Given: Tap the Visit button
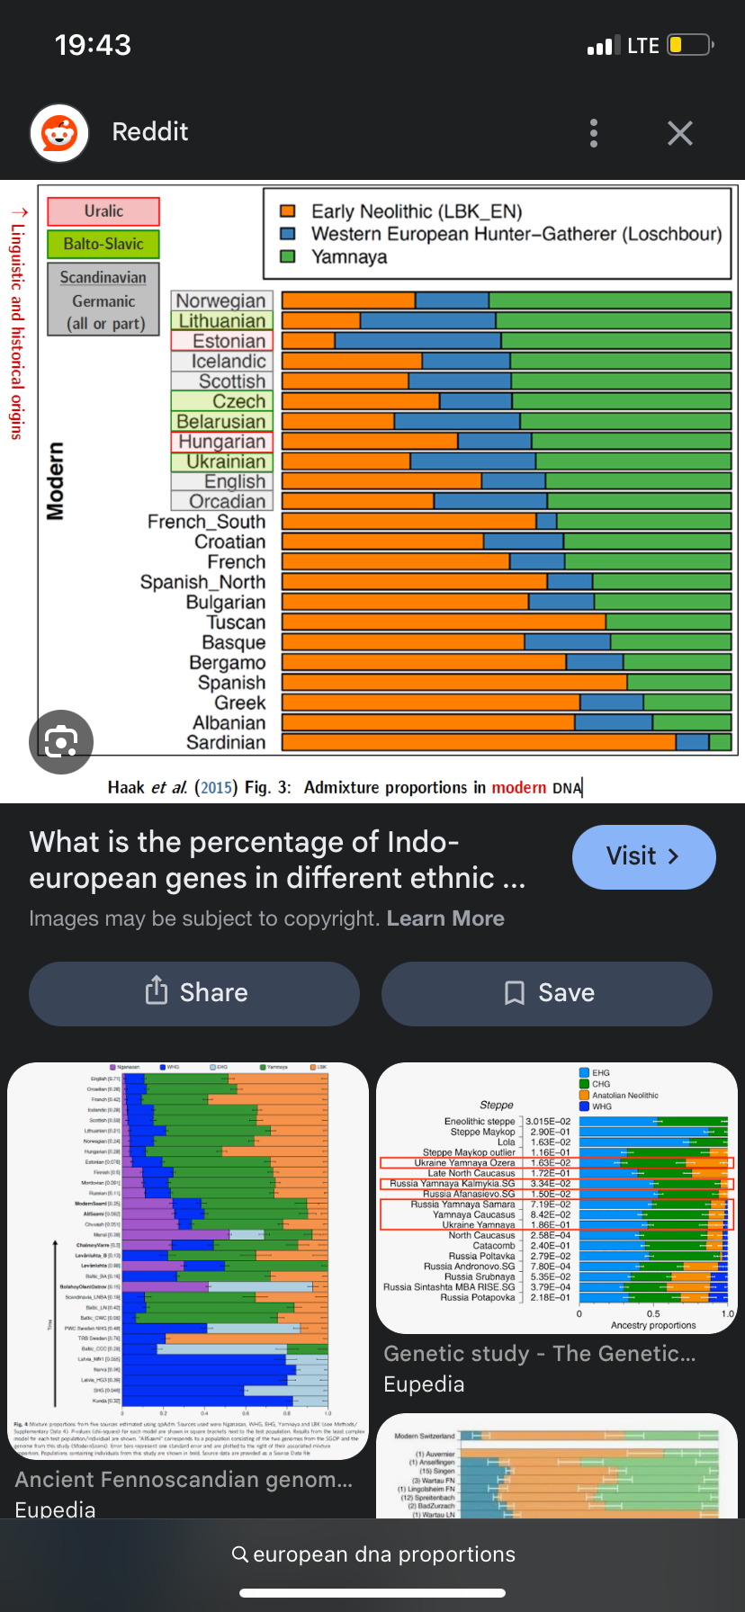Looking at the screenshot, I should [643, 856].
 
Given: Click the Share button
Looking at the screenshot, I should [194, 993].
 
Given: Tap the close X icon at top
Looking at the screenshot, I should [680, 133].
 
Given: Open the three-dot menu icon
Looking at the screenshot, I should [594, 133].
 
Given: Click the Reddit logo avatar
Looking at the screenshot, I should [59, 133].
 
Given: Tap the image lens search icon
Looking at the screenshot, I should [61, 741].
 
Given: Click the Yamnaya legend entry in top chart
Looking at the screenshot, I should [349, 257].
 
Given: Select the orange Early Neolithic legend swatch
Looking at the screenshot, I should [288, 211].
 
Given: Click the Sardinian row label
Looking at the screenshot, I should [226, 743].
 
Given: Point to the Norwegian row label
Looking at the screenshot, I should [220, 300].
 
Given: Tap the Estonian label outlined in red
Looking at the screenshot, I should [229, 341].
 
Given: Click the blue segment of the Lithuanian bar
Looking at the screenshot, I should [427, 320].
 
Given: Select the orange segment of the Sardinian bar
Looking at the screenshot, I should [477, 742].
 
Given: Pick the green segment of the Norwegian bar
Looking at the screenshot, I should [609, 300].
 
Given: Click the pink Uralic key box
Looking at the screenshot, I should [103, 211].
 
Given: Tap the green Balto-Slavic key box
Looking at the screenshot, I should [103, 244].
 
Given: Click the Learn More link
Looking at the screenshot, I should [445, 918].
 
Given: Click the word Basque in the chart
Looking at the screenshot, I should [234, 642].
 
